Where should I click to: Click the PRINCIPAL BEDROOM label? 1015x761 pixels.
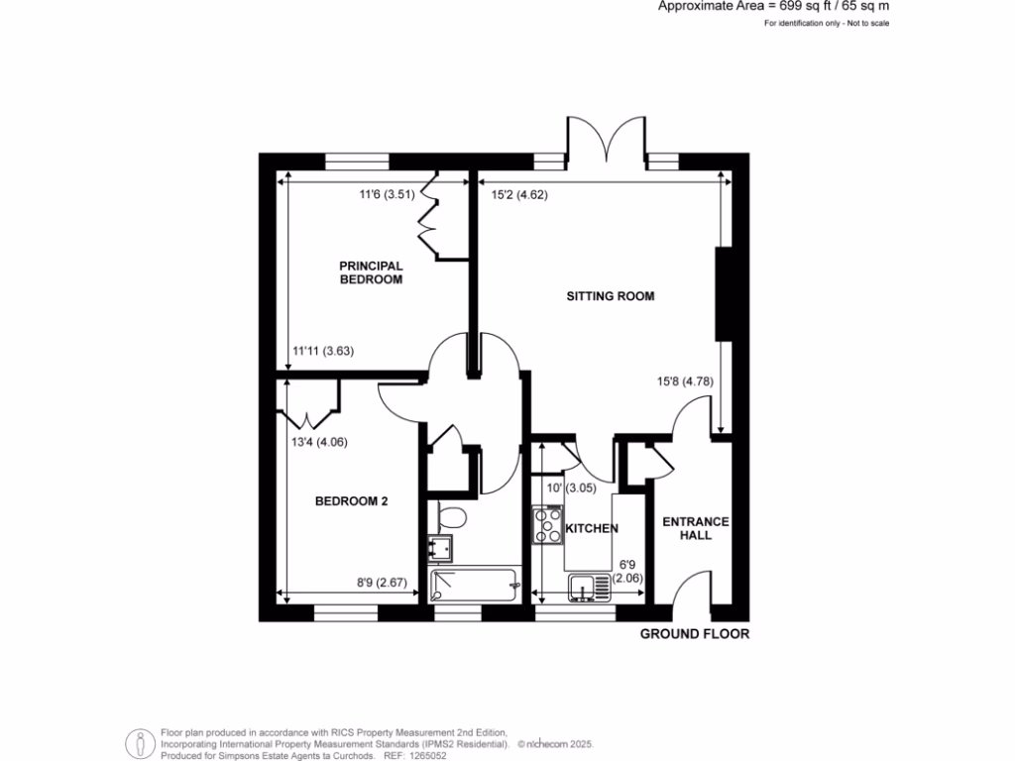coord(371,272)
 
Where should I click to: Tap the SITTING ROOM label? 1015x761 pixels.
coord(611,296)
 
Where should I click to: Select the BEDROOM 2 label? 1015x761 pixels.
coord(351,501)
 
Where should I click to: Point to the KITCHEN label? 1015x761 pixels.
coord(593,529)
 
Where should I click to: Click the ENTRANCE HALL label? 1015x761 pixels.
coord(695,528)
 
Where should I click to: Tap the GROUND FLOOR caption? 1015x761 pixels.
coord(694,634)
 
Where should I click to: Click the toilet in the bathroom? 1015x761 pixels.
coord(451,517)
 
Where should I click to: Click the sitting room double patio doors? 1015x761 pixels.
coord(607,139)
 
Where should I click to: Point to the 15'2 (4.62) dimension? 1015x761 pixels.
coord(519,195)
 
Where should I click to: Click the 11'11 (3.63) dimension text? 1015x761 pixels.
coord(323,350)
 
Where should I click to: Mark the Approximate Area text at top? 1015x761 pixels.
coord(774,6)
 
